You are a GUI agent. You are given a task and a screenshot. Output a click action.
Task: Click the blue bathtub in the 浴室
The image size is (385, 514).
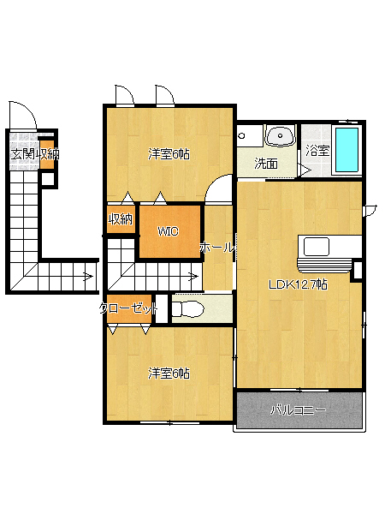pyautogui.click(x=347, y=150)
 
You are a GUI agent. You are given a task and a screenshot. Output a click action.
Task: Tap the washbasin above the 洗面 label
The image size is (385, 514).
pyautogui.click(x=281, y=135)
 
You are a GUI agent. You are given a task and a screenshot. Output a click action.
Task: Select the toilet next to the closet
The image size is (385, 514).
pyautogui.click(x=187, y=309)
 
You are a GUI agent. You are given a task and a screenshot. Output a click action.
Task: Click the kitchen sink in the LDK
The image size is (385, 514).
pyautogui.click(x=317, y=247)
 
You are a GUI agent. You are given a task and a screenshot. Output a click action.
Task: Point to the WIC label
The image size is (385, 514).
pyautogui.click(x=169, y=231)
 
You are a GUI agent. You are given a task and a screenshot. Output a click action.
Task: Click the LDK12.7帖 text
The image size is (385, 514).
pyautogui.click(x=298, y=284)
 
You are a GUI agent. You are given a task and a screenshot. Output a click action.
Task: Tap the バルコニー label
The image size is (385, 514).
pyautogui.click(x=299, y=409)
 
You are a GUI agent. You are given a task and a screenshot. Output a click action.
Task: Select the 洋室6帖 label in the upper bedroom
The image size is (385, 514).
pyautogui.click(x=169, y=153)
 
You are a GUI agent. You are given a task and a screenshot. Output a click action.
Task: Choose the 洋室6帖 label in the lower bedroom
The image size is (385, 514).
pyautogui.click(x=169, y=373)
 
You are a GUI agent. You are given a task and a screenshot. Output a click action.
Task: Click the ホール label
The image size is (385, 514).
pyautogui.click(x=217, y=248)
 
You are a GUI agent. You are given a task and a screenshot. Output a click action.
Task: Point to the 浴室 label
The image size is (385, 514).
pyautogui.click(x=317, y=151)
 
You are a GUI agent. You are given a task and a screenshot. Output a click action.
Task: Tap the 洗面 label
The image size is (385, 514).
pyautogui.click(x=266, y=164)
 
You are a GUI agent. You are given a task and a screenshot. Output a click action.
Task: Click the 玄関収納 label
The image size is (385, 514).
pyautogui.click(x=35, y=153)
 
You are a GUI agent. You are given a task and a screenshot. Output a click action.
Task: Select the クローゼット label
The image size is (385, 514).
pyautogui.click(x=128, y=308)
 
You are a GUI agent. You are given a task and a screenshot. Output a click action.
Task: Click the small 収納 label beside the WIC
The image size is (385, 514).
pyautogui.click(x=121, y=218)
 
